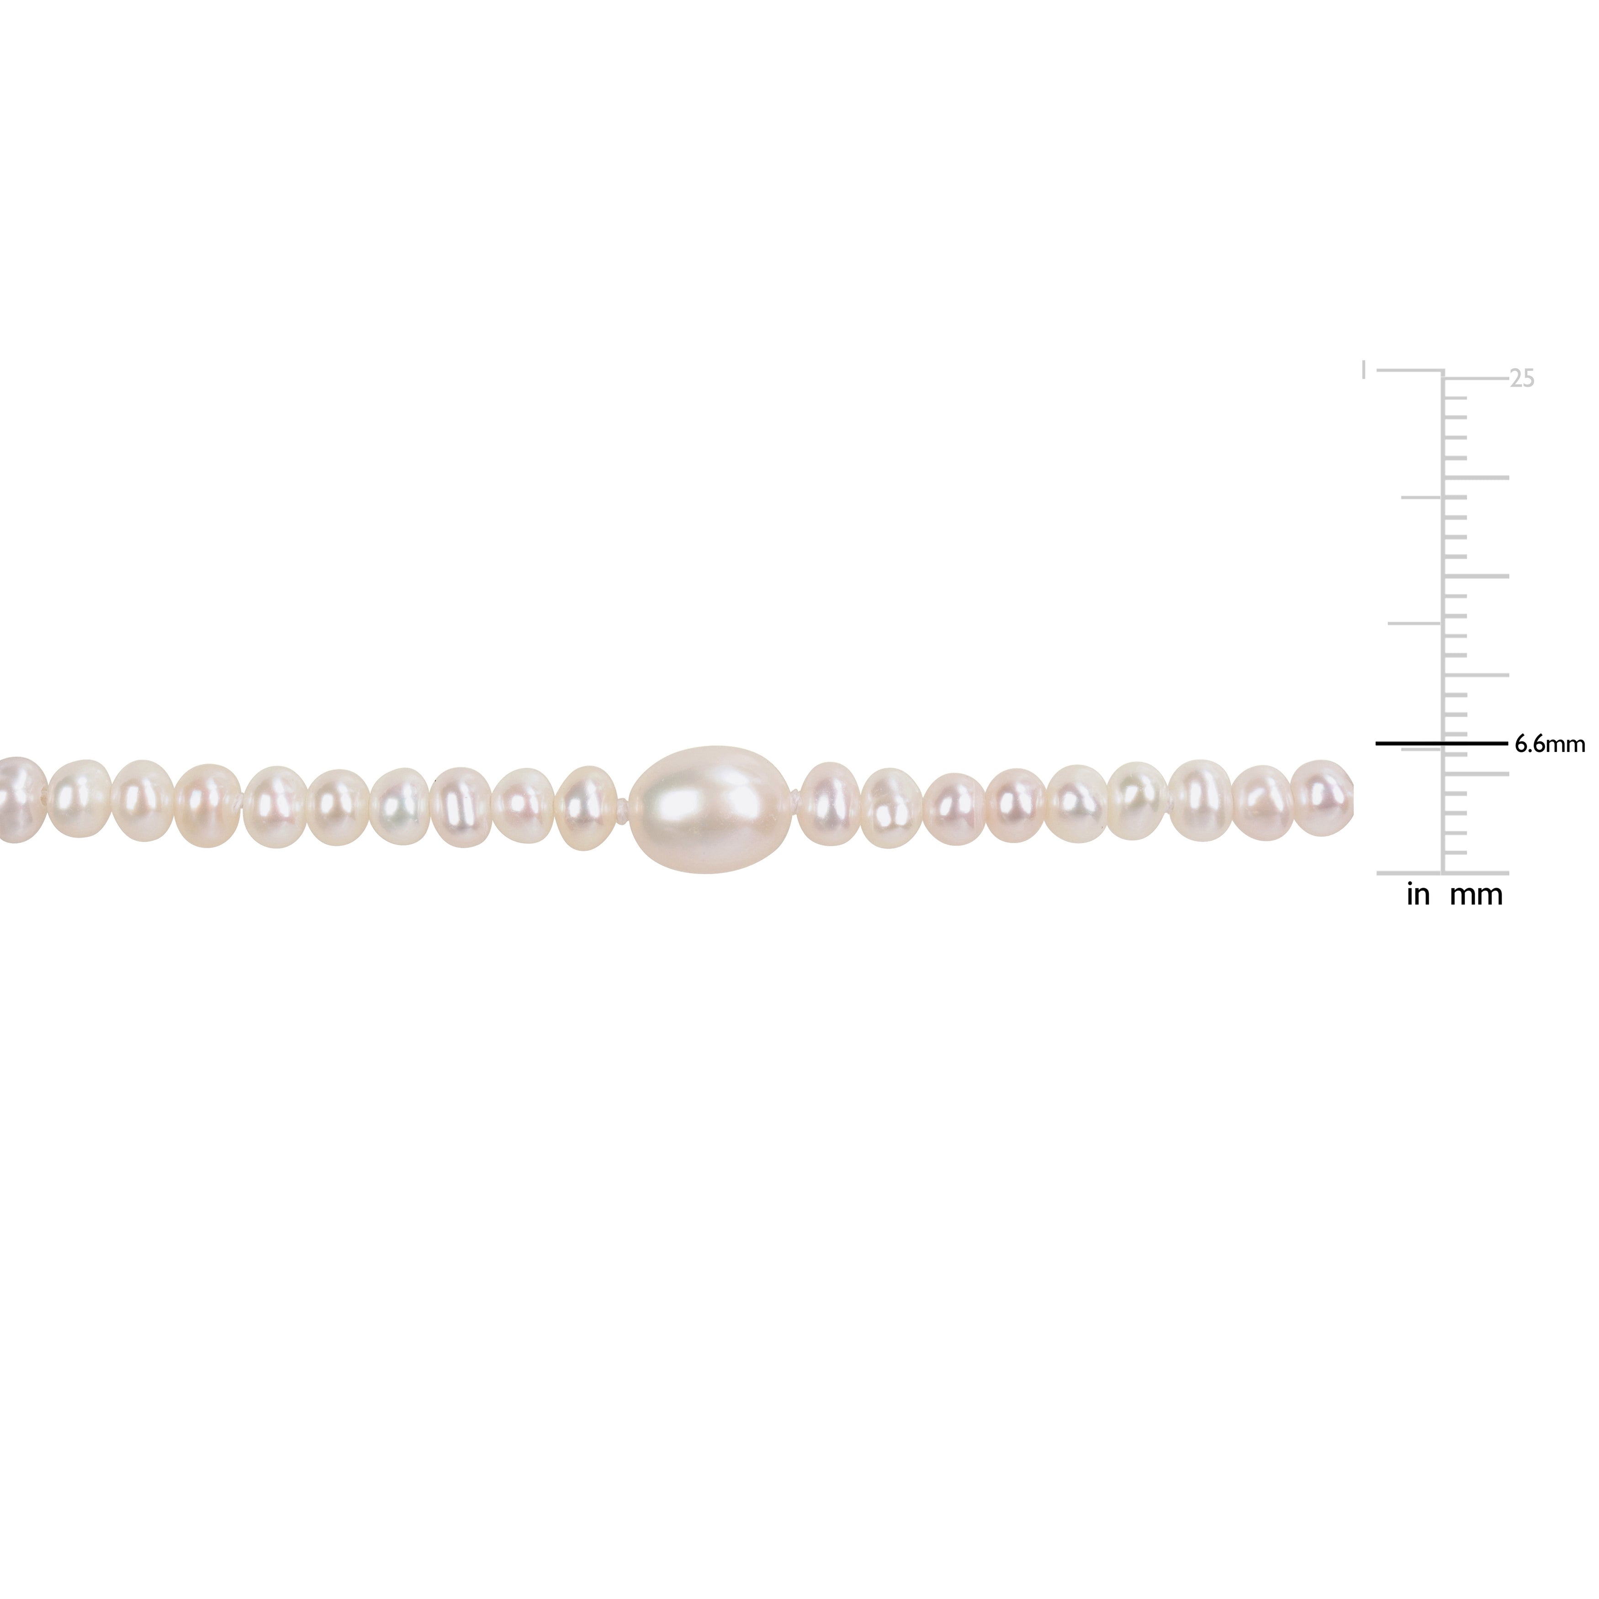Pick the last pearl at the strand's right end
pyautogui.click(x=1321, y=797)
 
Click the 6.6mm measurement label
pyautogui.click(x=1548, y=744)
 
